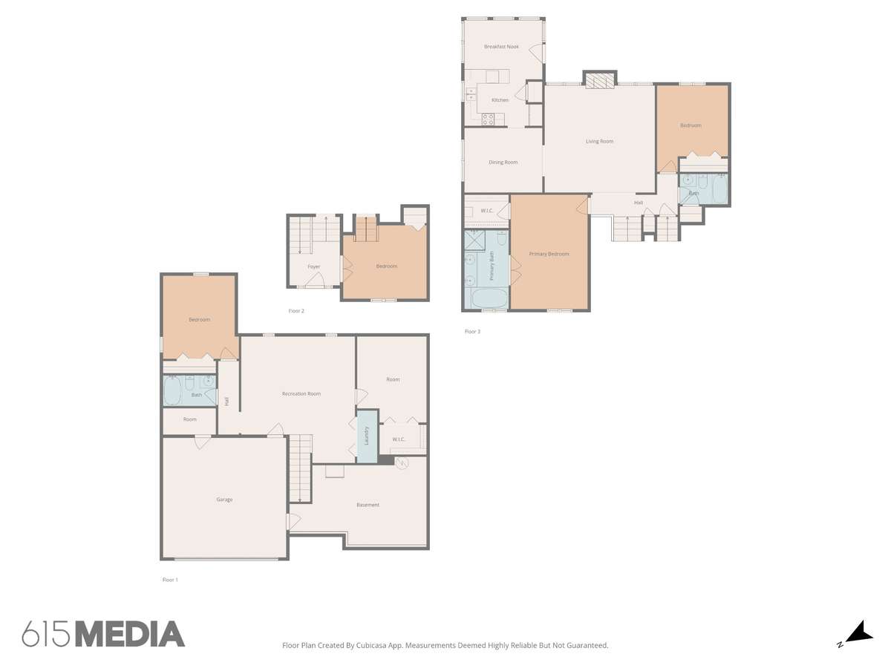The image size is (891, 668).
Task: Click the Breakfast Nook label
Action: pos(501,47)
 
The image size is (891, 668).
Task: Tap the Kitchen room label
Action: pos(500,99)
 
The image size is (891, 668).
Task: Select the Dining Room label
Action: pos(503,163)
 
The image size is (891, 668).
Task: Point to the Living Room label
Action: pos(599,141)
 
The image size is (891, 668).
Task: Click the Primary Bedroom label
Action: pos(549,254)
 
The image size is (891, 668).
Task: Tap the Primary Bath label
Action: pos(492,266)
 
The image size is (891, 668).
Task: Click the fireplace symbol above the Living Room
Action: pos(599,81)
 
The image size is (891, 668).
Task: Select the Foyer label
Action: pos(313,266)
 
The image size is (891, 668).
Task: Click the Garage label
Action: pos(224,500)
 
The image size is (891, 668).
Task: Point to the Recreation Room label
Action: pos(301,393)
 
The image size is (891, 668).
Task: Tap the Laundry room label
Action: pos(366,436)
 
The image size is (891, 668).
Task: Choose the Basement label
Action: pos(368,505)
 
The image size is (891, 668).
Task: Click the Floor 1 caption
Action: pos(170,580)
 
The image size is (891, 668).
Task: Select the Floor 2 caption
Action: pos(296,311)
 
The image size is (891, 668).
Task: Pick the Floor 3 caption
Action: pos(472,331)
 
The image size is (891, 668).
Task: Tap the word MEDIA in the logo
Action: pos(130,634)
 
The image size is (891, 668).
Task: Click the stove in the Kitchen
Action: pos(488,119)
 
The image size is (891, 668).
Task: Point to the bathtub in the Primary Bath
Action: pos(486,298)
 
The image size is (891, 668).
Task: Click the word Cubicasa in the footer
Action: pos(371,645)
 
